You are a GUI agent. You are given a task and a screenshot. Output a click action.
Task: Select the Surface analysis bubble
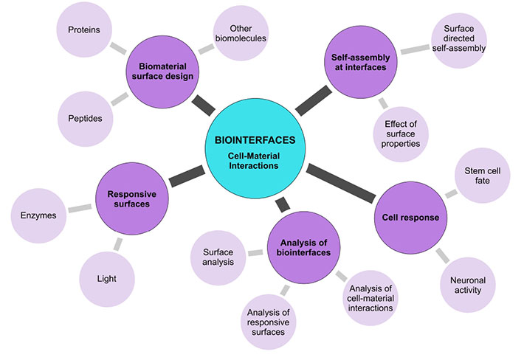pos(218,257)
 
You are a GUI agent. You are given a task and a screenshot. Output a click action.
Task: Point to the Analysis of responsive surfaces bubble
pos(269,319)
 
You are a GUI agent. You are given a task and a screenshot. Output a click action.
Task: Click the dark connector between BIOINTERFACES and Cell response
pos(340,184)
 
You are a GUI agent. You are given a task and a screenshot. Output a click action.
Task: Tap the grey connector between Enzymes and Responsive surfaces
pos(78,209)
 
